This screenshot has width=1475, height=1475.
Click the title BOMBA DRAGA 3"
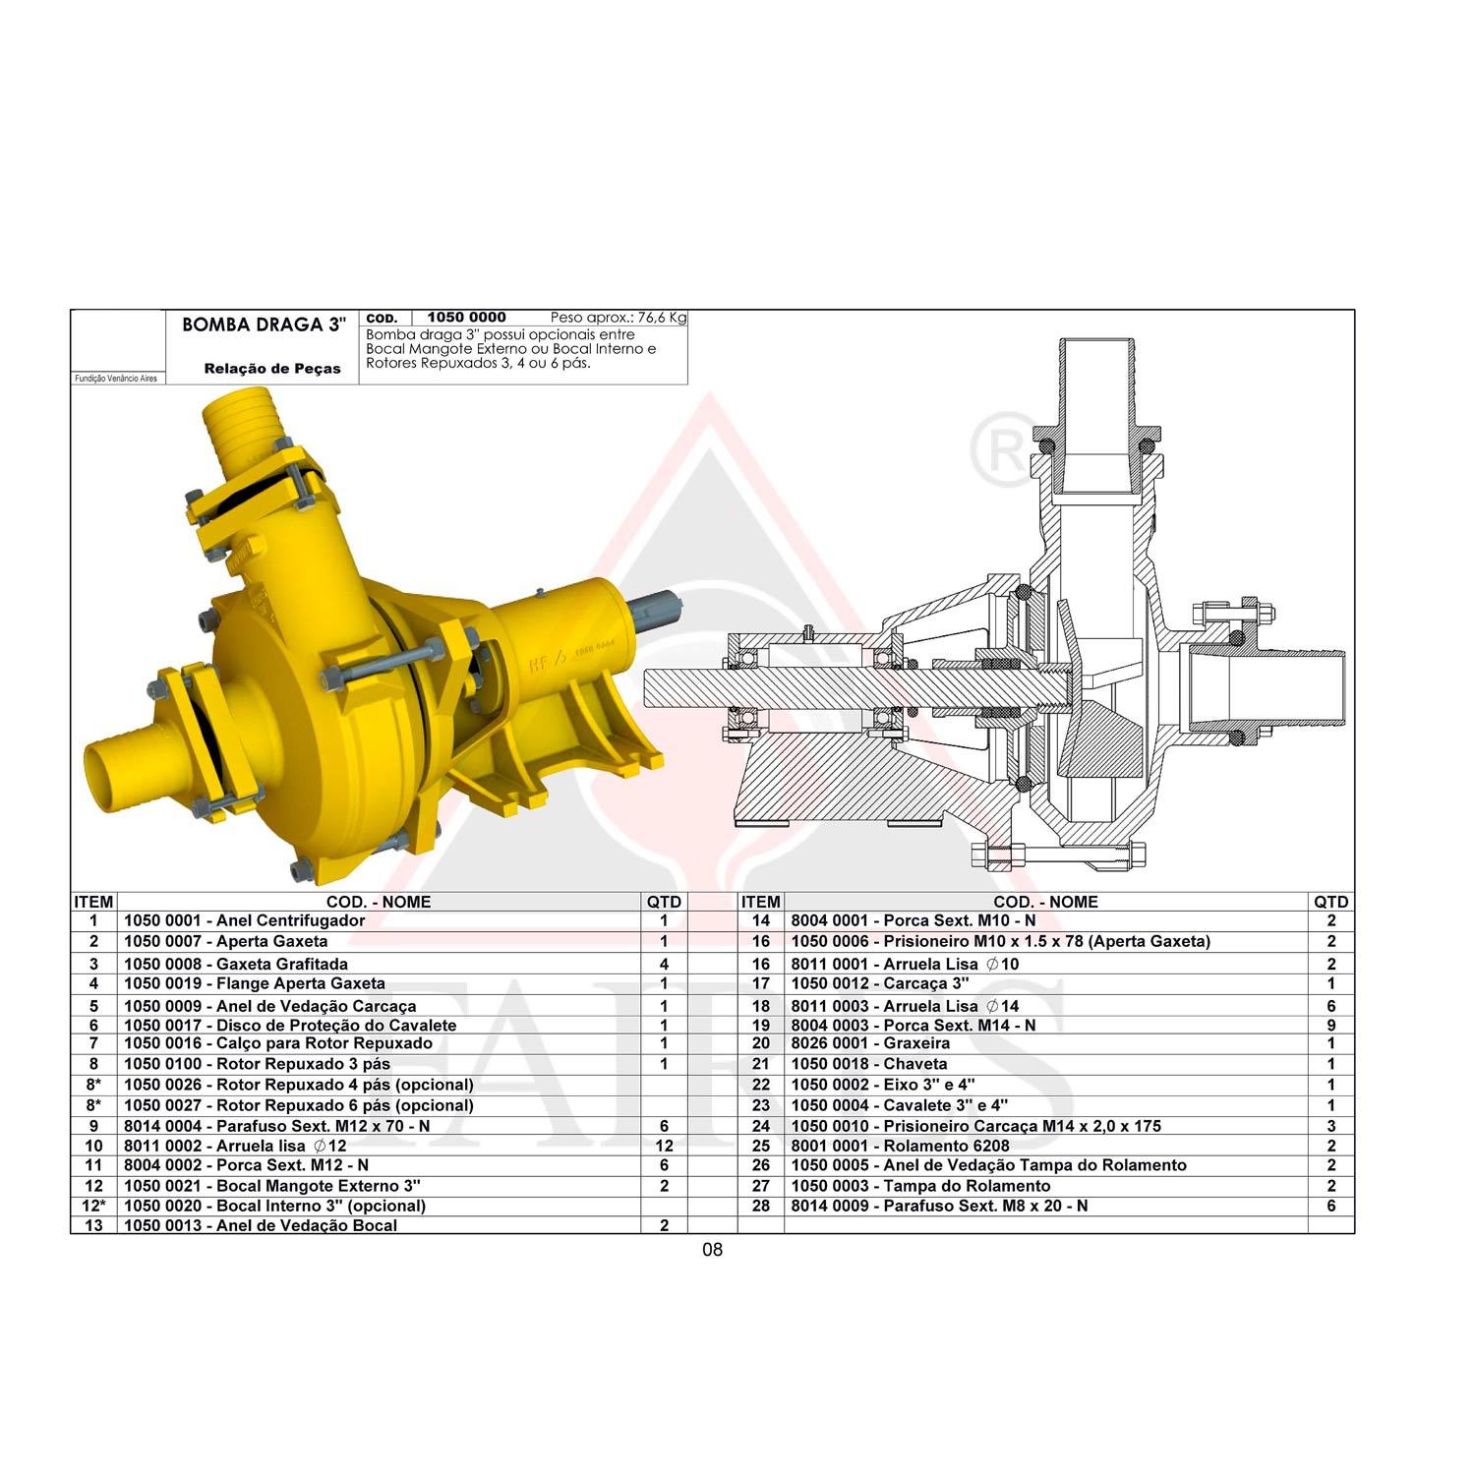(264, 325)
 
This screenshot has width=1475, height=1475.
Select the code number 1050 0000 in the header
(466, 318)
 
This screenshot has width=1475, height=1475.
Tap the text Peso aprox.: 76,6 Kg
(619, 318)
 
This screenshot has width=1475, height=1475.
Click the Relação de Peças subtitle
(272, 369)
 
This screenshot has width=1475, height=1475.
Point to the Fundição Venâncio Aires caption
(116, 379)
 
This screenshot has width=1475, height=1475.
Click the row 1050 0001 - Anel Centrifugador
(244, 921)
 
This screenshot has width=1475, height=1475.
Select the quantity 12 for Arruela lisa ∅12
(664, 1146)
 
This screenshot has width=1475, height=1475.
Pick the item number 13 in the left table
(93, 1225)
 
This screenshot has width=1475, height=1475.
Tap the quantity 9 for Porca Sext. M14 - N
(1331, 1025)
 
